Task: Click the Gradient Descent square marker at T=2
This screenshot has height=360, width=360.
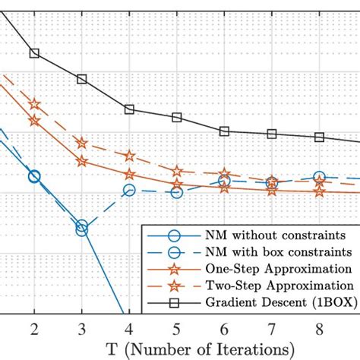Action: tap(34, 53)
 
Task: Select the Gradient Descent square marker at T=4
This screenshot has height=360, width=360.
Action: tap(129, 109)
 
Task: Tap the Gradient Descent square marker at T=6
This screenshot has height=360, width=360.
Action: tap(225, 131)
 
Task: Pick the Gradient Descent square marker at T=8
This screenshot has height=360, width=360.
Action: tap(320, 137)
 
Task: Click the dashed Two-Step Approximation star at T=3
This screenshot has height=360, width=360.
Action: tap(82, 143)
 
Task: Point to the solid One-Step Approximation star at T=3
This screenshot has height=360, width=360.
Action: tap(82, 160)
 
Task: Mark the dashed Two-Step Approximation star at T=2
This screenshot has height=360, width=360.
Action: tap(34, 104)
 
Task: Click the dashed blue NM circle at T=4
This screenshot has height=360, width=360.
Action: tap(129, 191)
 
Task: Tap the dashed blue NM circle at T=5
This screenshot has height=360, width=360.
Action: tap(177, 193)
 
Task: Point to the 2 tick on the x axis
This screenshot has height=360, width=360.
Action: tap(34, 327)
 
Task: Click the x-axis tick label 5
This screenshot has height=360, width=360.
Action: tap(177, 327)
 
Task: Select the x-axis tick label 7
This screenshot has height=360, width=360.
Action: tap(272, 327)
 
